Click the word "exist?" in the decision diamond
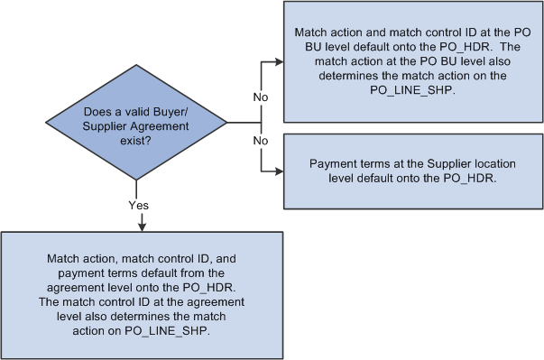pyautogui.click(x=136, y=140)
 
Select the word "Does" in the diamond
pyautogui.click(x=95, y=111)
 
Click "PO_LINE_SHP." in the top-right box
pyautogui.click(x=413, y=89)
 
